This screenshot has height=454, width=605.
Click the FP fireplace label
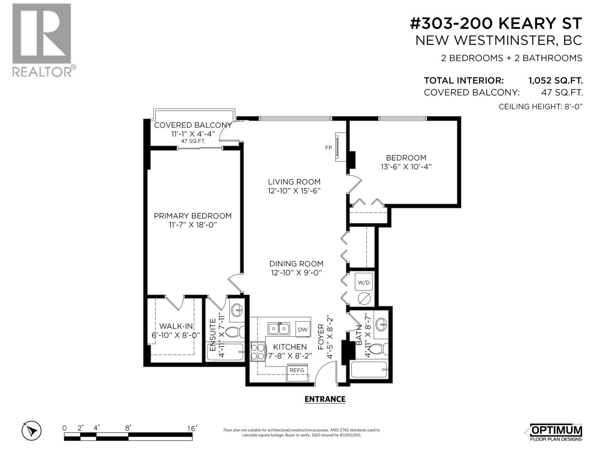pyautogui.click(x=329, y=148)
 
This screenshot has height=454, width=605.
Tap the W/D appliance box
pyautogui.click(x=364, y=283)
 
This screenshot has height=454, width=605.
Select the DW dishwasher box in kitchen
pyautogui.click(x=302, y=329)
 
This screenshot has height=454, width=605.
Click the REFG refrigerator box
pyautogui.click(x=297, y=370)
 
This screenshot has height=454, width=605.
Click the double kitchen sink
pyautogui.click(x=279, y=328)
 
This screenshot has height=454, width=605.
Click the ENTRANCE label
pyautogui.click(x=325, y=399)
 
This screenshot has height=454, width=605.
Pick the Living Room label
pyautogui.click(x=294, y=182)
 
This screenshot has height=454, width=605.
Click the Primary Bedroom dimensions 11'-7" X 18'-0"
pyautogui.click(x=192, y=225)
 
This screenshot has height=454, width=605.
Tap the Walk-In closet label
pyautogui.click(x=176, y=326)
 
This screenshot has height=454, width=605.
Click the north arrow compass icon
pyautogui.click(x=31, y=431)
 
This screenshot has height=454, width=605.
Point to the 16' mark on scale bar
pyautogui.click(x=192, y=428)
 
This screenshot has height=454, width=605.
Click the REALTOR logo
pyautogui.click(x=42, y=40)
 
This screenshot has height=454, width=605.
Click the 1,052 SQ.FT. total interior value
pyautogui.click(x=555, y=81)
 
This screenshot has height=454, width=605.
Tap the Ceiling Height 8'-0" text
pyautogui.click(x=540, y=107)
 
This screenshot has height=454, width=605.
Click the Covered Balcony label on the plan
pyautogui.click(x=192, y=125)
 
